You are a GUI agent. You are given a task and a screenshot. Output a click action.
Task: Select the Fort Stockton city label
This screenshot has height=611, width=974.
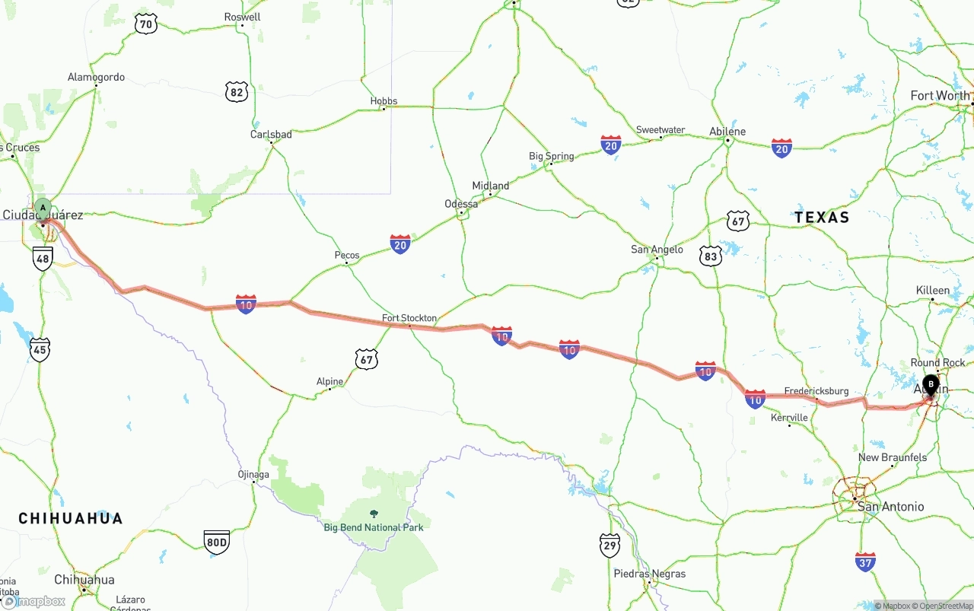409,318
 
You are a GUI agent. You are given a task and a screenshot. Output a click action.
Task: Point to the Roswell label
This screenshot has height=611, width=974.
242,17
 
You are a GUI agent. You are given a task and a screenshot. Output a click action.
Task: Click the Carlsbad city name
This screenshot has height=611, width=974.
271,135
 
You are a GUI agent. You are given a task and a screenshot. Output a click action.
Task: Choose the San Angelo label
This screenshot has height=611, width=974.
657,250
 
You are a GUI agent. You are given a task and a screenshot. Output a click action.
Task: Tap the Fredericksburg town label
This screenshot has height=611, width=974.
816,391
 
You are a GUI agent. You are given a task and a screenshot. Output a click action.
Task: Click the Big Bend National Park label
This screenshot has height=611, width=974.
373,527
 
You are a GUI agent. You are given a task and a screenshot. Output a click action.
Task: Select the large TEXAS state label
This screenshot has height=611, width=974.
822,218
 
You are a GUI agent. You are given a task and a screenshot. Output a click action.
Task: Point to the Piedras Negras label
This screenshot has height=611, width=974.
650,574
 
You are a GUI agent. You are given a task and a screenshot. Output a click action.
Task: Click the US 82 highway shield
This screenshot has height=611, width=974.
237,92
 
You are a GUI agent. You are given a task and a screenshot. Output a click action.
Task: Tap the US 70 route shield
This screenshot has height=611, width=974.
146,24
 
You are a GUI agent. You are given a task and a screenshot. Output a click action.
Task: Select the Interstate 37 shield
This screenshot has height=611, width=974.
865,562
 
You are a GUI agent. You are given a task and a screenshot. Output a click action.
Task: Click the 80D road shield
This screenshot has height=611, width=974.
217,542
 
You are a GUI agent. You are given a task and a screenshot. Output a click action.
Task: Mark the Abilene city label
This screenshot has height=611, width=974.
727,131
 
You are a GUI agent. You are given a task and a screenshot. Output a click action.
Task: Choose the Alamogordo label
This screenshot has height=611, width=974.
96,78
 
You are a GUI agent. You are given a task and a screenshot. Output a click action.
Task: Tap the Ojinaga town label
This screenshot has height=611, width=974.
253,474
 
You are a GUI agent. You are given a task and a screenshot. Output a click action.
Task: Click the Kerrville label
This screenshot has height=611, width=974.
789,418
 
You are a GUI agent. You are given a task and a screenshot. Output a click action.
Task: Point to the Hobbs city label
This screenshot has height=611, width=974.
384,101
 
